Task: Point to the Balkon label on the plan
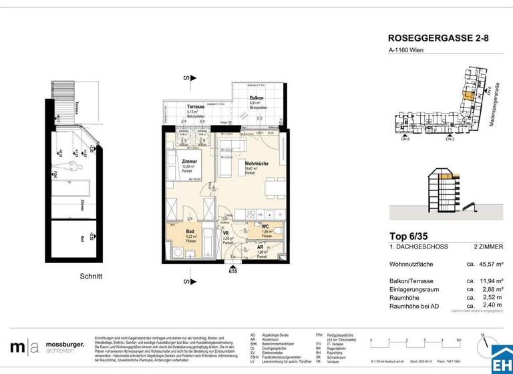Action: click(256, 98)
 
